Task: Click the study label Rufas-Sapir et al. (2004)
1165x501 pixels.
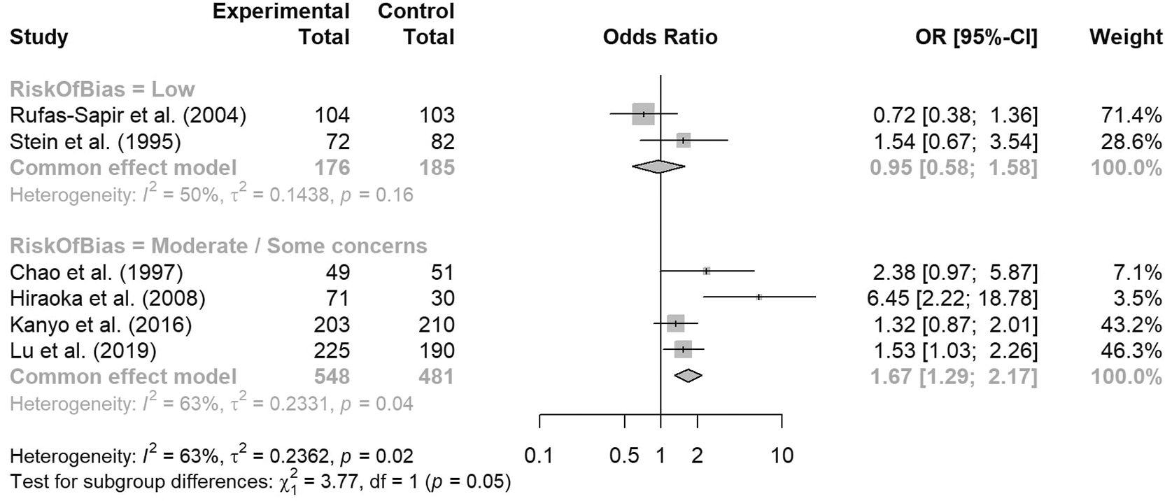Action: [x=128, y=115]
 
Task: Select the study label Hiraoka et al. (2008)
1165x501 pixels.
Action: [x=108, y=299]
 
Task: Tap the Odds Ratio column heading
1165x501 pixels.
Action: [x=660, y=37]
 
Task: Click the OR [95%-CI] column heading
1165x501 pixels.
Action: [x=976, y=37]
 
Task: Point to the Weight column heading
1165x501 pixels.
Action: [x=1125, y=37]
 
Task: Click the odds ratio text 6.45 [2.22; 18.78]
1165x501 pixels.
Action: [x=952, y=299]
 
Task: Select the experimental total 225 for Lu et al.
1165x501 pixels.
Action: [x=332, y=351]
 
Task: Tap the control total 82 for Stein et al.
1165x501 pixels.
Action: [x=442, y=142]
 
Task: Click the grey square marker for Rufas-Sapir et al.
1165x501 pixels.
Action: [x=643, y=113]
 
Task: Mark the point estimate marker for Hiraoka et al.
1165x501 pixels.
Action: [x=759, y=297]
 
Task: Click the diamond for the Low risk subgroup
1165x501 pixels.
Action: [x=658, y=167]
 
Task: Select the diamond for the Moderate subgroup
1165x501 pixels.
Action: [x=688, y=376]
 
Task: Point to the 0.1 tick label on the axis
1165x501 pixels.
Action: [x=539, y=456]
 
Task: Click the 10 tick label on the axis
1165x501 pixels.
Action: [x=782, y=456]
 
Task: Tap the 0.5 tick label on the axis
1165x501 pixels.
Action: [x=623, y=456]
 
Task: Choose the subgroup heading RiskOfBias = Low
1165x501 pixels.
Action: [x=102, y=90]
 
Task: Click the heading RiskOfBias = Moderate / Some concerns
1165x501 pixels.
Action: [x=218, y=246]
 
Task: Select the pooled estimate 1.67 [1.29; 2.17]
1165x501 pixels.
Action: [x=953, y=377]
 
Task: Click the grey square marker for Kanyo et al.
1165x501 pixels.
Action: [x=675, y=323]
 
